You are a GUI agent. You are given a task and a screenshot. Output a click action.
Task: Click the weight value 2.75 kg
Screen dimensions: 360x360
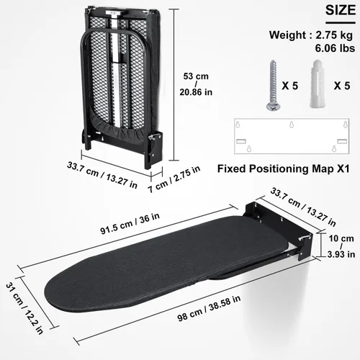pos(330,34)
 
